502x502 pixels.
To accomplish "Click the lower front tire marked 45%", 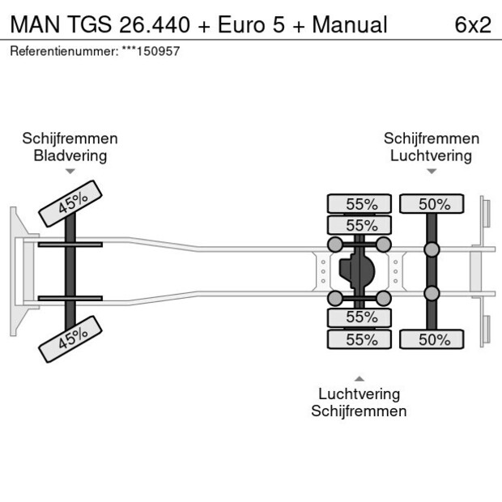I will [72, 338].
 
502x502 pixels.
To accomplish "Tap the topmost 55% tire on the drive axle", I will [359, 204].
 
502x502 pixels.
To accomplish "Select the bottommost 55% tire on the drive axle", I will [359, 340].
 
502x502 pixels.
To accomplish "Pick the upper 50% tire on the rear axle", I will [432, 204].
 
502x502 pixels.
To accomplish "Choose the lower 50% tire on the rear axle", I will [432, 340].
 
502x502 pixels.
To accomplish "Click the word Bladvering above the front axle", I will [70, 155].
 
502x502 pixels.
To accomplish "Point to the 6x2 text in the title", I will [473, 24].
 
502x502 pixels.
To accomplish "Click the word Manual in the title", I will [350, 24].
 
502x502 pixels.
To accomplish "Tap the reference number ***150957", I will [151, 51].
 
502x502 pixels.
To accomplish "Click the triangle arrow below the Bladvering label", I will [70, 172].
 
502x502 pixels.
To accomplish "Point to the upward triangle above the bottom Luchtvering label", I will [359, 378].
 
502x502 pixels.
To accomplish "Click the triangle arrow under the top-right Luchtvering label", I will [432, 172].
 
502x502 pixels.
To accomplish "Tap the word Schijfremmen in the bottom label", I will [359, 411].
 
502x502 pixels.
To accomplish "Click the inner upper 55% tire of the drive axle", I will [359, 225].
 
